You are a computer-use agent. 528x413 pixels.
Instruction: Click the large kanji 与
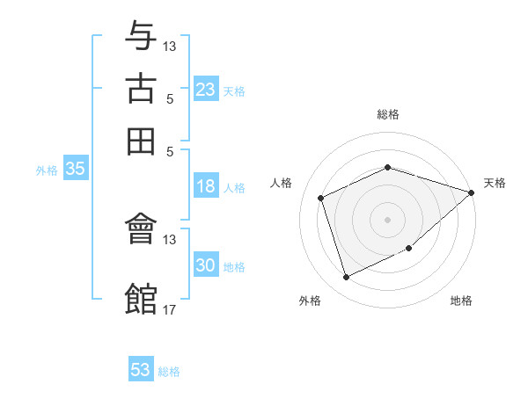(141, 35)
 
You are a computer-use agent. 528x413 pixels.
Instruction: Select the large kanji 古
(141, 89)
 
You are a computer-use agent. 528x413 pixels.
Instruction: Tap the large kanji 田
(141, 141)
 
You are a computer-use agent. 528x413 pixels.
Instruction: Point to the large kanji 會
(141, 228)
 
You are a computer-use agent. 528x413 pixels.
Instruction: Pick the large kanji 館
(141, 298)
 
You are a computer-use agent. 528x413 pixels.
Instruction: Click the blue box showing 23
(206, 89)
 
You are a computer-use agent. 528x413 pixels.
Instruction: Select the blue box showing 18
(206, 185)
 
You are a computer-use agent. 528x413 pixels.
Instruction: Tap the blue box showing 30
(206, 264)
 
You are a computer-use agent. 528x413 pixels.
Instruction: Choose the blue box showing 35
(76, 168)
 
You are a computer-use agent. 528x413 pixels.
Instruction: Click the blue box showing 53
(141, 368)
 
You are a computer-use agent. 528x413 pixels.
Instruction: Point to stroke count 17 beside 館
(169, 309)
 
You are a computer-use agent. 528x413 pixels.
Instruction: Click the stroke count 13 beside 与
(169, 46)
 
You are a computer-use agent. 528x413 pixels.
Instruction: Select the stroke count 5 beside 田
(170, 152)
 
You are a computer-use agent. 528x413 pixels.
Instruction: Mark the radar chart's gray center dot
(387, 220)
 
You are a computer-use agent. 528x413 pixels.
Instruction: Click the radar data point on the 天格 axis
(472, 192)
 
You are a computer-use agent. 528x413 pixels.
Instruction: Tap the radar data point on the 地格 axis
(409, 248)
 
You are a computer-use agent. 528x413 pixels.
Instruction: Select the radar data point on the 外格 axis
(346, 278)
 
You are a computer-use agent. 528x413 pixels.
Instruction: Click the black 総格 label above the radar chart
(388, 114)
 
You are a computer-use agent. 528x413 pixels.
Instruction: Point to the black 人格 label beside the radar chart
(281, 183)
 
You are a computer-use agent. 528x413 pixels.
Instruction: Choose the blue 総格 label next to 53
(169, 372)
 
